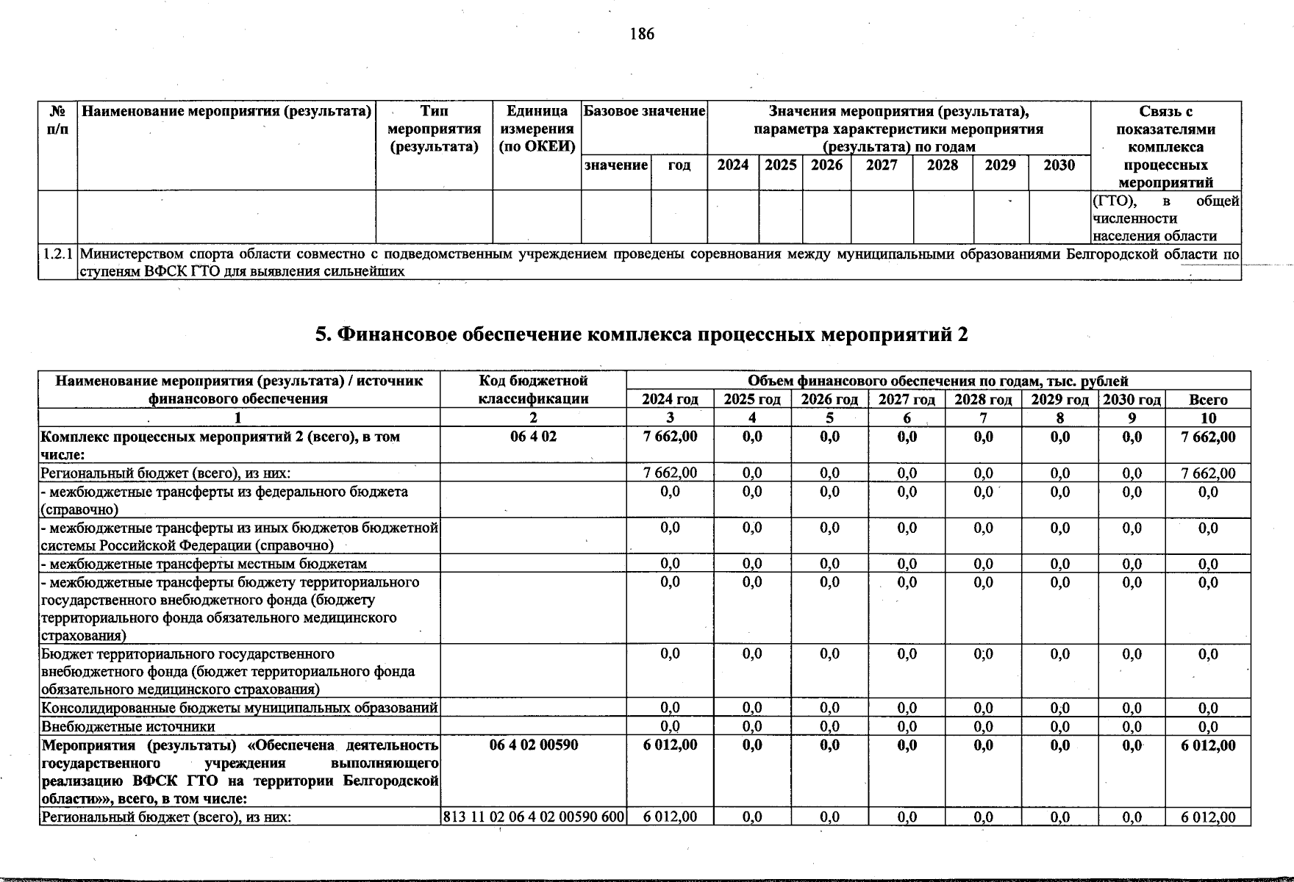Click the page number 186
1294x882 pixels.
tap(642, 34)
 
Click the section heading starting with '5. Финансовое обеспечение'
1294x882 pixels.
tap(641, 334)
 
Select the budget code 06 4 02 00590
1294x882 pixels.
tap(534, 745)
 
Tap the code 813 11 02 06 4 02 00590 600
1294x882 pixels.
tap(534, 817)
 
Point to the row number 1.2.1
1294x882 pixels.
tap(58, 254)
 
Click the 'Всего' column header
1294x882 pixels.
tap(1208, 400)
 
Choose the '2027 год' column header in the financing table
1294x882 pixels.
tap(907, 400)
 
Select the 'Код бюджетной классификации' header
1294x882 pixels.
tap(534, 390)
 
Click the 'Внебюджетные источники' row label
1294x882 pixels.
tap(128, 726)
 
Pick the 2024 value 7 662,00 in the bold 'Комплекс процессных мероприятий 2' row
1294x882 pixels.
tap(670, 437)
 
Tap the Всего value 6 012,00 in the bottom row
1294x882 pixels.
tap(1208, 817)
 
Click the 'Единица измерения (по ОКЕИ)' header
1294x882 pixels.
tap(537, 129)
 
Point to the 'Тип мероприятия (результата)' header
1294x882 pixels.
tap(434, 129)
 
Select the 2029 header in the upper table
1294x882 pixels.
tap(1000, 165)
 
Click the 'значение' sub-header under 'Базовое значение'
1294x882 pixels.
tap(616, 165)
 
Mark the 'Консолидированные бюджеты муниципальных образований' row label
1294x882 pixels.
tap(240, 708)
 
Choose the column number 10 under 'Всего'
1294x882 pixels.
tap(1208, 418)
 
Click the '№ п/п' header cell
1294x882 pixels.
tap(58, 120)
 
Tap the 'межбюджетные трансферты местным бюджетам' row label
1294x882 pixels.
tap(204, 564)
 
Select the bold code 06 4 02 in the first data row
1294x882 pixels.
tap(534, 437)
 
